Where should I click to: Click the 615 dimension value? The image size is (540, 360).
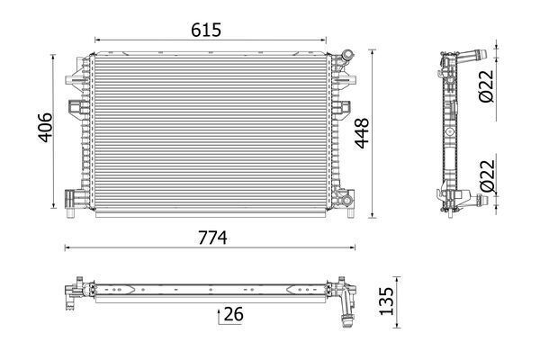click(x=205, y=29)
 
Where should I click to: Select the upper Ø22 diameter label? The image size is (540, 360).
click(x=485, y=84)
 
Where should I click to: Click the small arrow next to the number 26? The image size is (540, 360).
click(x=219, y=314)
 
